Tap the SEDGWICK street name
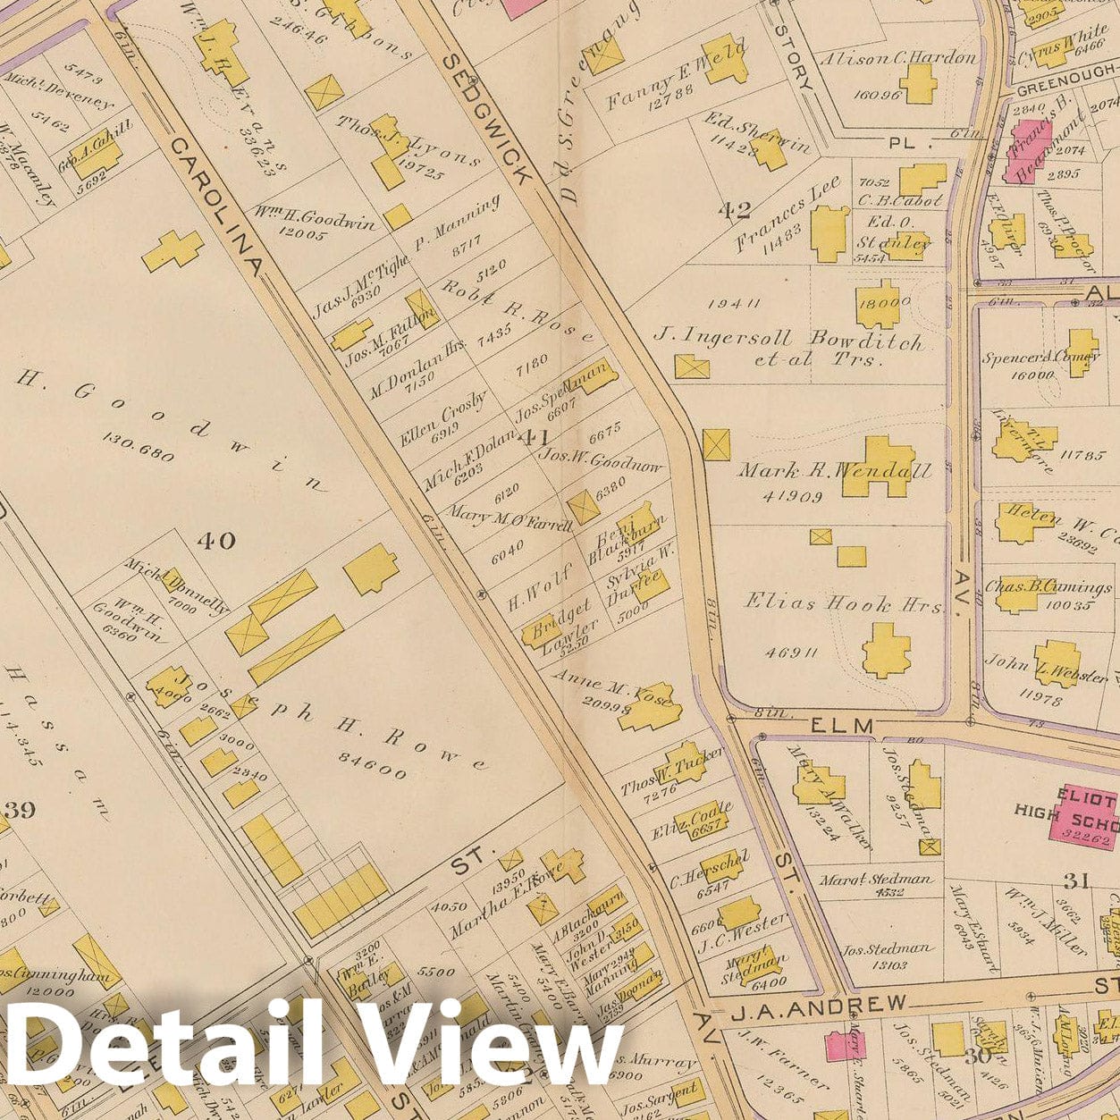pos(488,115)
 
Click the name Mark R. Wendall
pos(833,471)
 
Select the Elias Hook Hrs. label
pos(844,604)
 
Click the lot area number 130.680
pos(139,443)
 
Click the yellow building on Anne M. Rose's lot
pos(659,712)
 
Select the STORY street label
pos(794,56)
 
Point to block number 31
pos(1076,881)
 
